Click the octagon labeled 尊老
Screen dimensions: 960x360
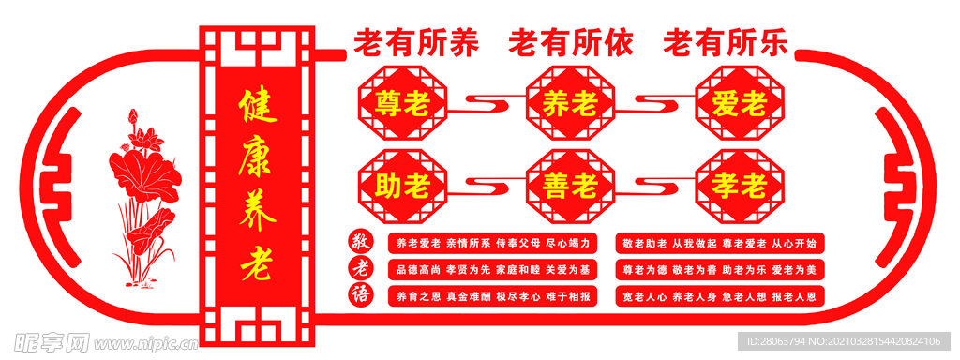pos(401,103)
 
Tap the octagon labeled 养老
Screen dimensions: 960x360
pos(570,103)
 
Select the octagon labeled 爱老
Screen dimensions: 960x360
pos(739,103)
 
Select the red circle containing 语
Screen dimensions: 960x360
pos(360,296)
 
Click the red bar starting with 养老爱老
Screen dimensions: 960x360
pos(492,243)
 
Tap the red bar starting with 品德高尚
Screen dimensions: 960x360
pos(492,270)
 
